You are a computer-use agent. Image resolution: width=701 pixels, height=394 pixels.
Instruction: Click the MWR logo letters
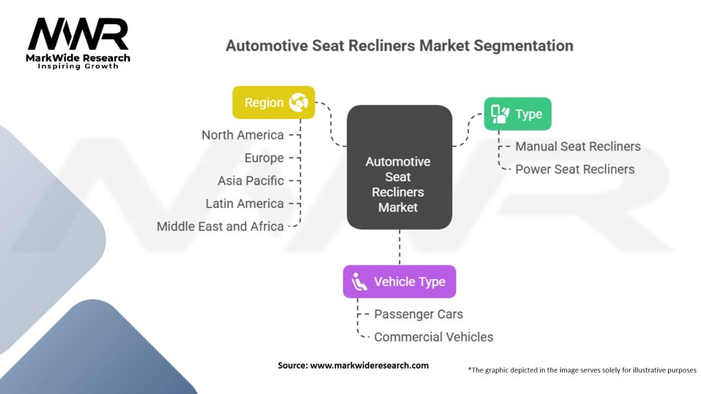click(x=78, y=34)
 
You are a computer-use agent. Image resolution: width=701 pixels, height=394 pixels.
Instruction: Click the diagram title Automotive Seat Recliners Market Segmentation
click(x=399, y=46)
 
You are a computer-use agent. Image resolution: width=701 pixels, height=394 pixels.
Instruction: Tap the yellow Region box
click(x=273, y=103)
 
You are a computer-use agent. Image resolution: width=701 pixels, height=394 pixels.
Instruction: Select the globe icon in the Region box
click(x=298, y=103)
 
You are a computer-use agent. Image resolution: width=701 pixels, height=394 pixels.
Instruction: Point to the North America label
click(x=242, y=135)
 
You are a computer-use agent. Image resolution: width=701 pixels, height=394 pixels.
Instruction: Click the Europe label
click(x=264, y=158)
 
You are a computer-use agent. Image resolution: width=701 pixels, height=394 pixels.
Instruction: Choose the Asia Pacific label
click(x=251, y=181)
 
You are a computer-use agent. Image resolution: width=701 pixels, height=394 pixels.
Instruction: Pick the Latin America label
click(x=244, y=203)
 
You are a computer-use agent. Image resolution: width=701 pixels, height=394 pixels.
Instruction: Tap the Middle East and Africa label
click(x=220, y=226)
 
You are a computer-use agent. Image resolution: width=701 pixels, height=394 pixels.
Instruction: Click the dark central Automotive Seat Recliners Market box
click(x=399, y=168)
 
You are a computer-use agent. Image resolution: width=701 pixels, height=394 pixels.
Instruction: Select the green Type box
click(x=518, y=114)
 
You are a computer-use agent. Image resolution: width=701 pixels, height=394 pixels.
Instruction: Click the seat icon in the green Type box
click(x=500, y=114)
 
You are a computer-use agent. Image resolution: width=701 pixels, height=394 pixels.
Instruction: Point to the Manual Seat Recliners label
click(x=578, y=146)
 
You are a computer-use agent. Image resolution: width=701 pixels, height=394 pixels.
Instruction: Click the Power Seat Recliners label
click(x=574, y=169)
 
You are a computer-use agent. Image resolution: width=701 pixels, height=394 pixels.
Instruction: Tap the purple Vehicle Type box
click(x=399, y=282)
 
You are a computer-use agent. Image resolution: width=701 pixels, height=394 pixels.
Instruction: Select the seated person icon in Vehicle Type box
click(x=359, y=282)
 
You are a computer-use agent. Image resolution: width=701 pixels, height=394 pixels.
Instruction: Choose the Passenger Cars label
click(x=418, y=314)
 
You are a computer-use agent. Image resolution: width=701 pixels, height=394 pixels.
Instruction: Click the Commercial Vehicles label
click(x=433, y=337)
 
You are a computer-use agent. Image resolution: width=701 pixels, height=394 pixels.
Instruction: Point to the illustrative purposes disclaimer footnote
click(x=582, y=370)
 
